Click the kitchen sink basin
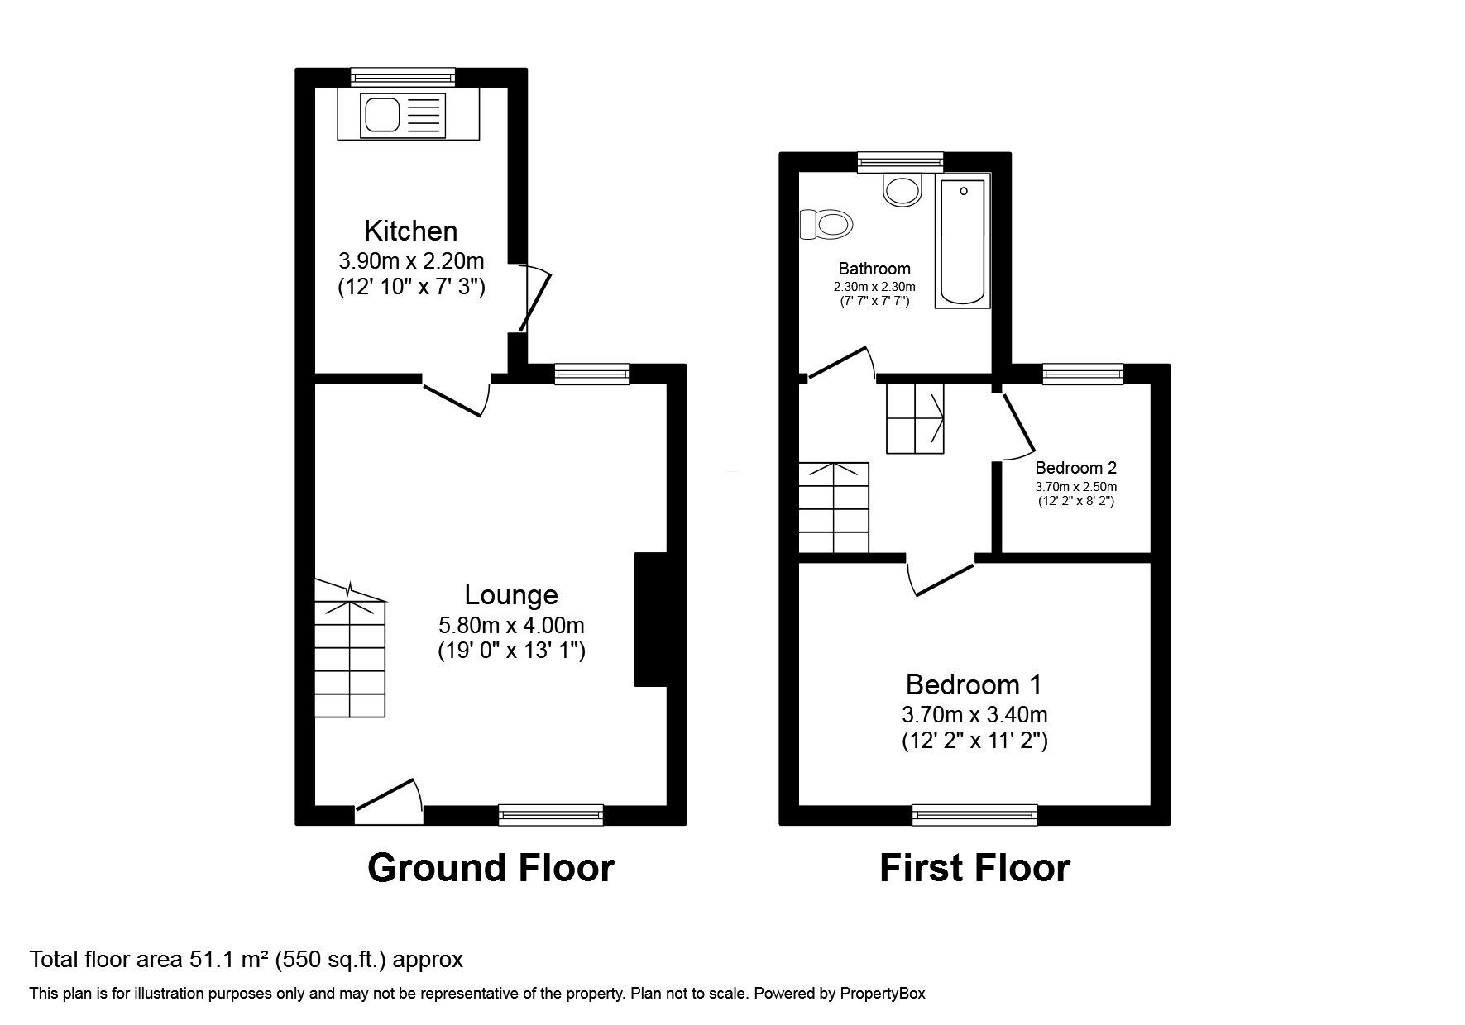381,115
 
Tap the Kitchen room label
411,231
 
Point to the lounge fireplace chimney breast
650,619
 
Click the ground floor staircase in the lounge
351,653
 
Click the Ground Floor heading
491,869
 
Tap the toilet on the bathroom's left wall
828,224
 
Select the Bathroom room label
874,269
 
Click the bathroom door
840,364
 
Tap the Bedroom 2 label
1075,468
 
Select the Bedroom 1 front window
974,816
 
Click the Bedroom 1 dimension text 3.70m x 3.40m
974,713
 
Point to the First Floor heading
974,869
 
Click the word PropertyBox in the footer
883,994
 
